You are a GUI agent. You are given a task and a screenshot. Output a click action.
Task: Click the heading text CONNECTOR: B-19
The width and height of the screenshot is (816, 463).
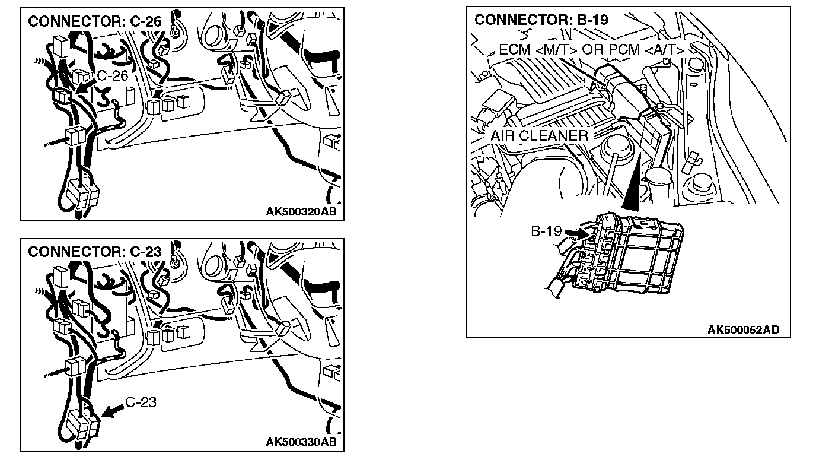pos(541,20)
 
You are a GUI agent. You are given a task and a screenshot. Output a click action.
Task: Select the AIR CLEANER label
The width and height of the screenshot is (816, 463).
pos(539,135)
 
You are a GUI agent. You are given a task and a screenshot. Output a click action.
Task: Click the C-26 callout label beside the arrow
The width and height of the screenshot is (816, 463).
pos(112,75)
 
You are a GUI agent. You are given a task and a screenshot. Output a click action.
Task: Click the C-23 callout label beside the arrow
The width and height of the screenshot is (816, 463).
pos(141,402)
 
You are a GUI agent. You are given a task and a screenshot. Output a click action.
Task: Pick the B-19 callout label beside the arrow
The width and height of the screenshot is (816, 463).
pos(546,231)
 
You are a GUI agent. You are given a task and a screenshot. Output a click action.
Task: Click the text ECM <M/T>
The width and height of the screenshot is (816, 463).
pos(538,50)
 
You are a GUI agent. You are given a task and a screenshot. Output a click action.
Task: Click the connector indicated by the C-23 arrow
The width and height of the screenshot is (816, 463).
pos(86,423)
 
